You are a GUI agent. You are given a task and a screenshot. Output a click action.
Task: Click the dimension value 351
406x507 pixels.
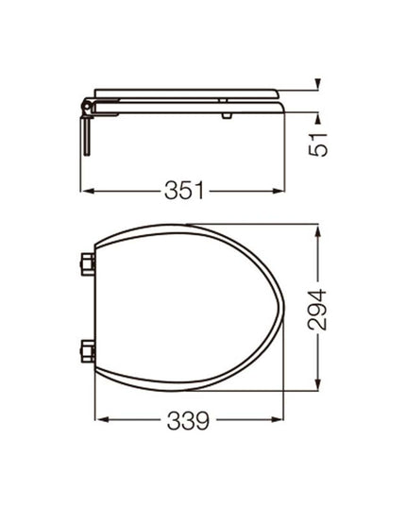pyautogui.click(x=185, y=190)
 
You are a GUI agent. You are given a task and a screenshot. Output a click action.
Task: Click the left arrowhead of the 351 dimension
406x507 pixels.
pyautogui.click(x=86, y=190)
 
